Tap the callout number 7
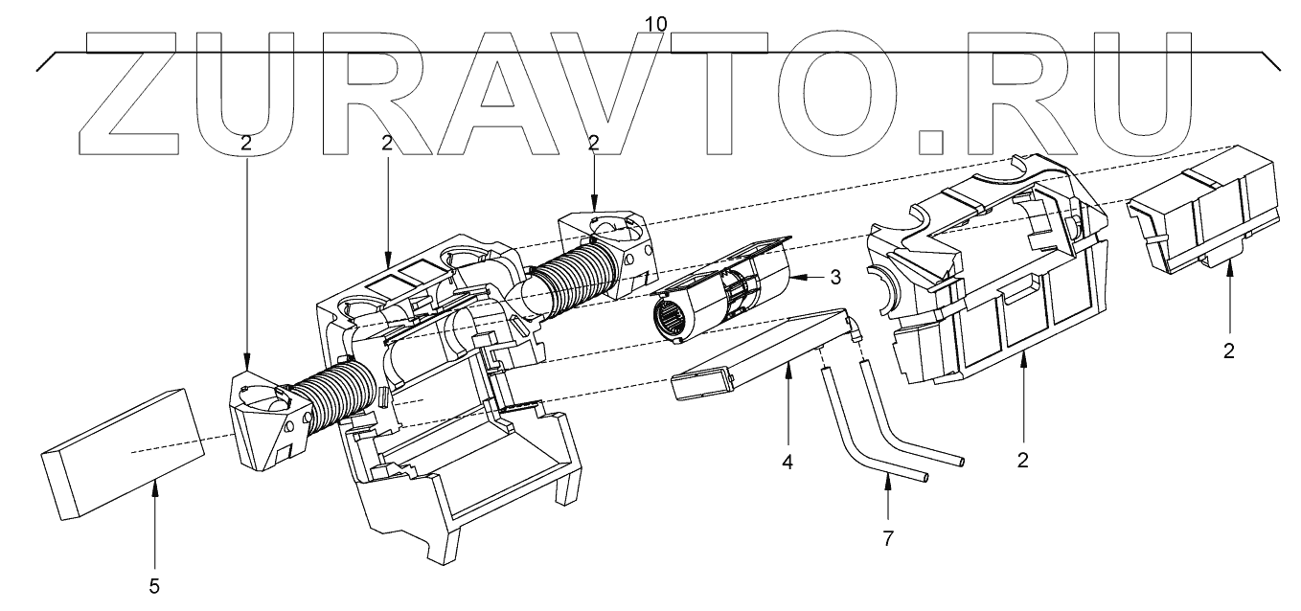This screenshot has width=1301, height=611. tap(887, 538)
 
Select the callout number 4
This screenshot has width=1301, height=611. tap(787, 462)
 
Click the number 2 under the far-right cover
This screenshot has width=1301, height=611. tap(1229, 351)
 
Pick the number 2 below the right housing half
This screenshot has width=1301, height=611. tap(1022, 460)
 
